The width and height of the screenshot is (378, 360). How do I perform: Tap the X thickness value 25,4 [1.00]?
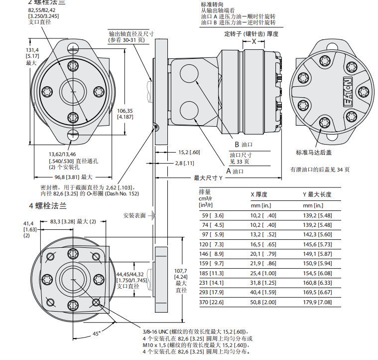(x=263, y=274)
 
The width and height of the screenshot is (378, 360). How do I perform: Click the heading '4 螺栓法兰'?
(x=47, y=205)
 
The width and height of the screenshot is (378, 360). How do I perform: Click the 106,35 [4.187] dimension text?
(x=125, y=113)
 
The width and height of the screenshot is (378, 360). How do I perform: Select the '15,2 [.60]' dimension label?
(x=189, y=152)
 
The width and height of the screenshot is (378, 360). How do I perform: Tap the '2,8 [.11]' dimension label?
(x=184, y=163)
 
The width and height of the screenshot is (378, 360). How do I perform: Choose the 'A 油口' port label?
(x=235, y=171)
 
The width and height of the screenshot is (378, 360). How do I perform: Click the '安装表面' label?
(x=134, y=215)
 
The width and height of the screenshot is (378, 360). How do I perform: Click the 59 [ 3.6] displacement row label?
(x=211, y=215)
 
